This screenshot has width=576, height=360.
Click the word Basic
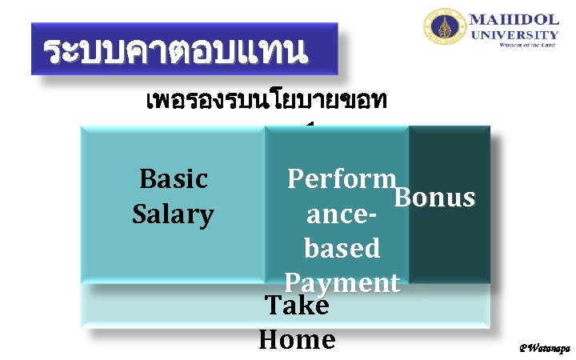point(174,178)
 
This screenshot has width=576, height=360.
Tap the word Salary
point(173,214)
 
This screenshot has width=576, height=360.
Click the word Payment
point(342,282)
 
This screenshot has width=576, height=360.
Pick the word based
point(342,248)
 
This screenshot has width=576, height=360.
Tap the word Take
point(296,306)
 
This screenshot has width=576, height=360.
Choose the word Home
point(297,340)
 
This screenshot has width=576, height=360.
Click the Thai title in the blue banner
point(174,50)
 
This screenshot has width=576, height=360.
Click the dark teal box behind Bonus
point(450,248)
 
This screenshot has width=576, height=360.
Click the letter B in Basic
point(147,178)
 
